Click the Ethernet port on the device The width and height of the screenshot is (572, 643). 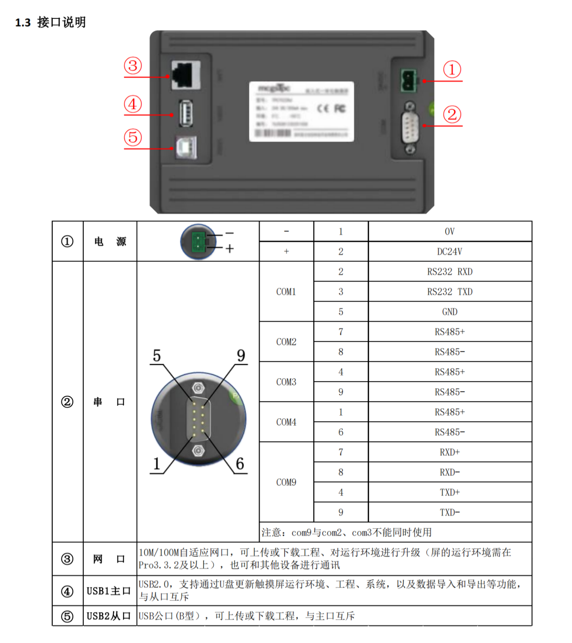(186, 75)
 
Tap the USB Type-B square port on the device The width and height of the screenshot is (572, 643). (186, 147)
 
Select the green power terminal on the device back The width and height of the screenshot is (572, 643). (408, 80)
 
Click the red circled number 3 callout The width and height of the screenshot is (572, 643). (133, 66)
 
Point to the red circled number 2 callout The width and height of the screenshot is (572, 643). (452, 115)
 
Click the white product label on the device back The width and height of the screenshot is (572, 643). (301, 111)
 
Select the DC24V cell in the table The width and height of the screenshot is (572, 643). (450, 252)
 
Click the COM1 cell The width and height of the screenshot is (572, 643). (286, 292)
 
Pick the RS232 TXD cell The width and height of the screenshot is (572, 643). (450, 292)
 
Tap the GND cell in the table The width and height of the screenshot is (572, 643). (450, 312)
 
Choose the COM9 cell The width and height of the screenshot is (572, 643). (286, 482)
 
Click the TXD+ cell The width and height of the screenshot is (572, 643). (450, 492)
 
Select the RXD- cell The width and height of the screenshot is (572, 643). (450, 472)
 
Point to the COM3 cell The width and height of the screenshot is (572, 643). (286, 382)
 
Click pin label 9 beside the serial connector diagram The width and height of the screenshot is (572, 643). (241, 356)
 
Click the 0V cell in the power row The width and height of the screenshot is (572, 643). (450, 231)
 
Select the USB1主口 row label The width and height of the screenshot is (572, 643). (109, 591)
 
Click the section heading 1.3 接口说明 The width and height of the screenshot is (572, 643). (51, 22)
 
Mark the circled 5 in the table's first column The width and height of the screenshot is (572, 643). (67, 616)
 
